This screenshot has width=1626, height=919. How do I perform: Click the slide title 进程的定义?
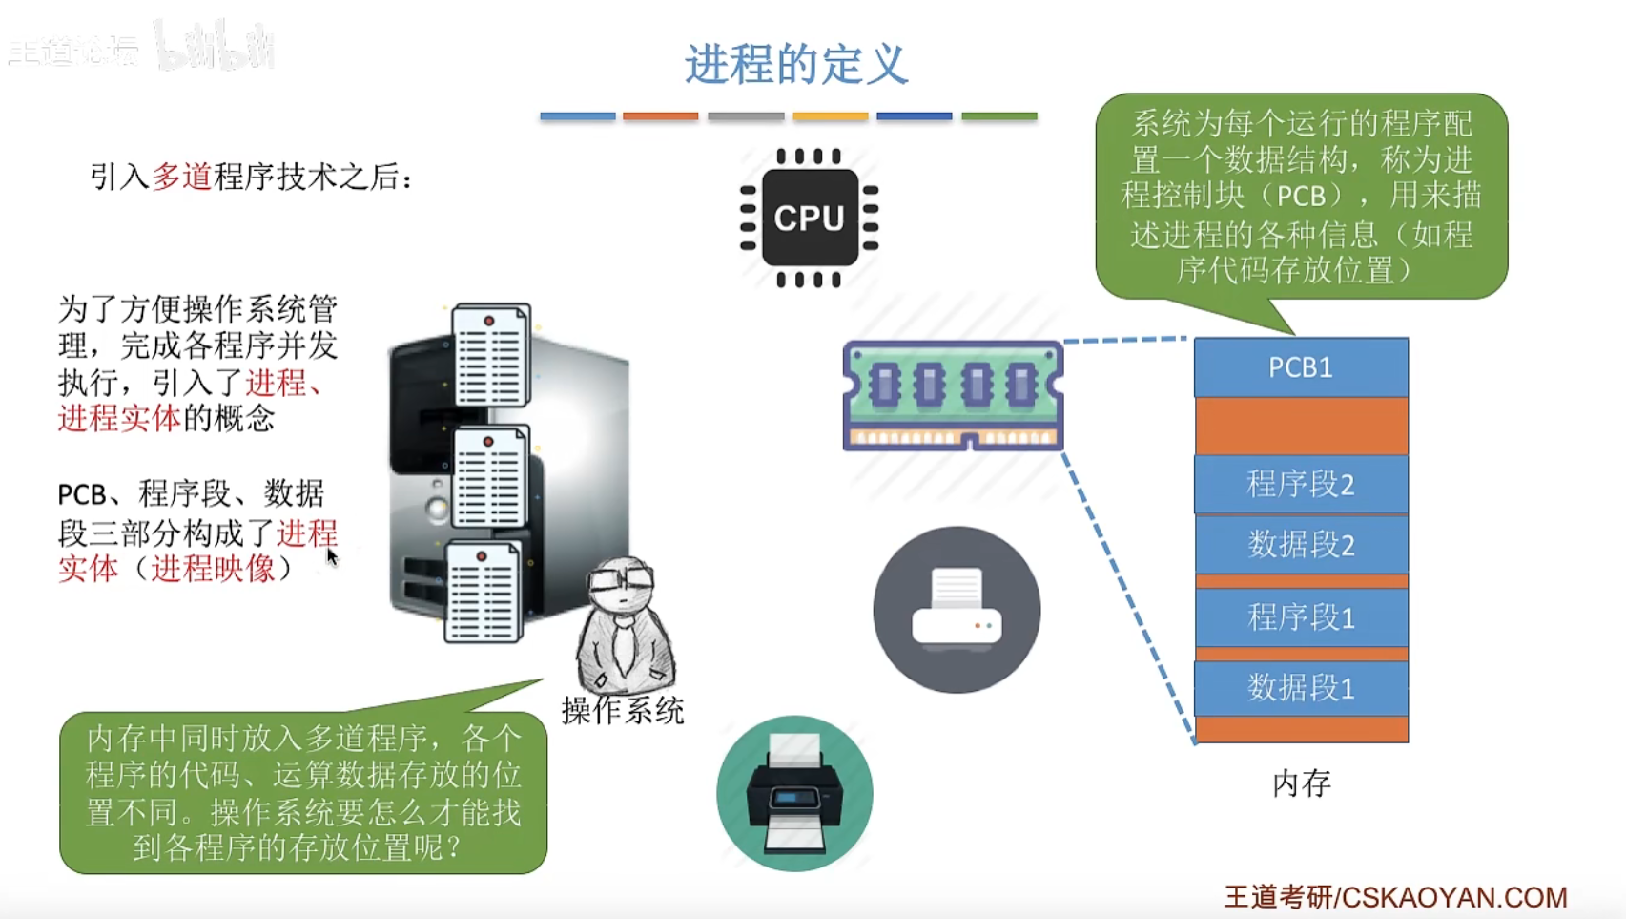(x=795, y=65)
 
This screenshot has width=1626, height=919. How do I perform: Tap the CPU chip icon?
(x=809, y=218)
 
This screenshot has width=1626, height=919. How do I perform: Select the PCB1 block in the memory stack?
(x=1300, y=367)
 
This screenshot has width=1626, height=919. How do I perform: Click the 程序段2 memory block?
(x=1300, y=484)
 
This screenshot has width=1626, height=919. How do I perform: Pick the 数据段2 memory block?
(x=1300, y=545)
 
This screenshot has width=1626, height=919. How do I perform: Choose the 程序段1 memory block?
(x=1300, y=617)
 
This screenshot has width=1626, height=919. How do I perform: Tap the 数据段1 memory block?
(x=1300, y=687)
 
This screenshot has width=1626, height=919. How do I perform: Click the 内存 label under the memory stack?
(x=1301, y=783)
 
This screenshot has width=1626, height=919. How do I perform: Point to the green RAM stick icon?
(x=953, y=394)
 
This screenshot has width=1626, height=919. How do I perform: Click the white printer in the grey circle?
(x=957, y=609)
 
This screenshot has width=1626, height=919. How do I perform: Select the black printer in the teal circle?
(x=794, y=794)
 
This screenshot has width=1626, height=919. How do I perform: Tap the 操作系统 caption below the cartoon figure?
(x=623, y=711)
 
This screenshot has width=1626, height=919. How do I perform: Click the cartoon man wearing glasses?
(x=624, y=625)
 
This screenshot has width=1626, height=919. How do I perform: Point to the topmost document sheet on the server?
(x=490, y=354)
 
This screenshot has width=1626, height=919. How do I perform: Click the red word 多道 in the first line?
(x=181, y=177)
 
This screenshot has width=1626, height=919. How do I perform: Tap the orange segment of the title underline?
(x=660, y=116)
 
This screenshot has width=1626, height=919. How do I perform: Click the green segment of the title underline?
(x=998, y=116)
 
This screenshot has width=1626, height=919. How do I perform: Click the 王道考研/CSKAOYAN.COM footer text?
(x=1395, y=897)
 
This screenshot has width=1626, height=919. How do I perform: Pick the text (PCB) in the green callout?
(x=1301, y=196)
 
